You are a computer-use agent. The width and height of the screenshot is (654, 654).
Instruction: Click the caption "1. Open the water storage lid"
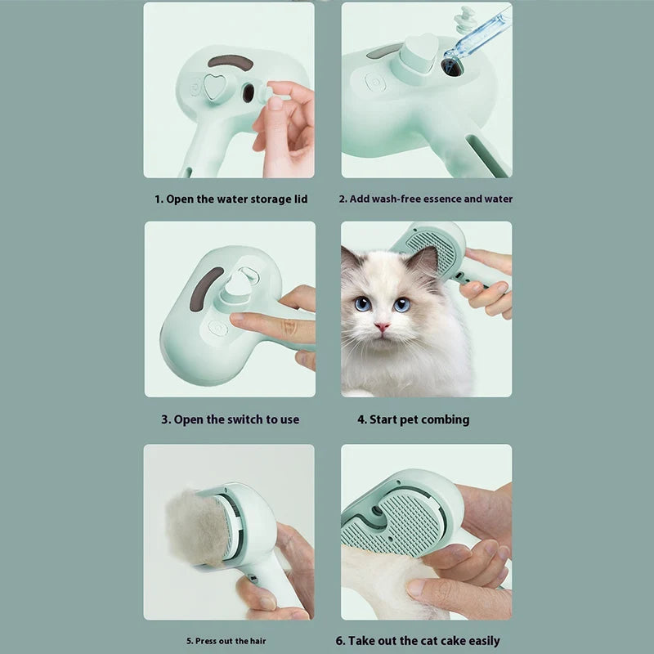point(231,199)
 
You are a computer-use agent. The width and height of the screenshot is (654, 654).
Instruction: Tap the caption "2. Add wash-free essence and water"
point(426,199)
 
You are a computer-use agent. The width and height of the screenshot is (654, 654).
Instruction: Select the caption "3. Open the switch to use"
point(231,419)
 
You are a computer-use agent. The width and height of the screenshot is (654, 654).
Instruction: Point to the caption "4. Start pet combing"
point(414,419)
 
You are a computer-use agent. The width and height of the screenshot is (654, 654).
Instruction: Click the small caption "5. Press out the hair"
point(226,641)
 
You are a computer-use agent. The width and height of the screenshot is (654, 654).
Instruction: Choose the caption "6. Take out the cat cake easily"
point(418,640)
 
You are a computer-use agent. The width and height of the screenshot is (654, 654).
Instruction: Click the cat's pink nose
point(382,326)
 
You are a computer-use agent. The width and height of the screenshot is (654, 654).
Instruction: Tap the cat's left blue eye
point(362,303)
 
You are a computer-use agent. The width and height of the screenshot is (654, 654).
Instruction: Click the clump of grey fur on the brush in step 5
point(197,528)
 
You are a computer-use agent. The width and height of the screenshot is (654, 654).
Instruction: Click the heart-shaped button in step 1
point(215,87)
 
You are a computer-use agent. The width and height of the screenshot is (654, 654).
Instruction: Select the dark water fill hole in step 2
point(452,67)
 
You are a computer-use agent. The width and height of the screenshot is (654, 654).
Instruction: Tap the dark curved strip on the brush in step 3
point(206,289)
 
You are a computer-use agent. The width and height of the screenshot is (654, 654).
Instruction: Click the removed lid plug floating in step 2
point(462,20)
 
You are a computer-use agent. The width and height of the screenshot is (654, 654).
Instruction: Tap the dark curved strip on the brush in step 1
point(231,62)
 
